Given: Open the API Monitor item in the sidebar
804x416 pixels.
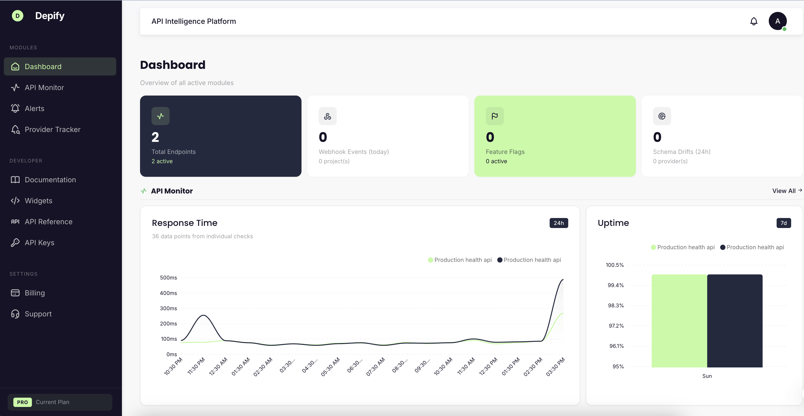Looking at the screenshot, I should (44, 87).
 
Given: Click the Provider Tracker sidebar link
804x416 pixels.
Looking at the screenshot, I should (52, 129).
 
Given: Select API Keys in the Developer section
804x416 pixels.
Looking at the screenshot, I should (39, 243).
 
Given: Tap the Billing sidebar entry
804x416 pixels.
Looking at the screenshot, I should (35, 293).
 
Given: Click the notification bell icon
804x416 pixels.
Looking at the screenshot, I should (754, 21).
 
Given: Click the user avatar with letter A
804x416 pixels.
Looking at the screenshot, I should (777, 21).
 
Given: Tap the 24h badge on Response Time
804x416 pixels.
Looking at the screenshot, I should (558, 223).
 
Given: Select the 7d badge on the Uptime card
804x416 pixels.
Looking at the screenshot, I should (784, 223).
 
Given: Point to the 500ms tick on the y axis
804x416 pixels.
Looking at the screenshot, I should (169, 278).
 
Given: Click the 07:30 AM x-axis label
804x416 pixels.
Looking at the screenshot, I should (376, 367).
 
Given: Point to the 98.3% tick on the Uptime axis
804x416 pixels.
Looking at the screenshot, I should (615, 305).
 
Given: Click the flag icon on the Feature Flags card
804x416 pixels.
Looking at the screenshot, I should (494, 116).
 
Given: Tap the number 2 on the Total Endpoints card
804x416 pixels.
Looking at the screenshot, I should (155, 137).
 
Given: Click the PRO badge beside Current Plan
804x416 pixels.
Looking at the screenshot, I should (22, 402).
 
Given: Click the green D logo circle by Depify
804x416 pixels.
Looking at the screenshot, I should (17, 16).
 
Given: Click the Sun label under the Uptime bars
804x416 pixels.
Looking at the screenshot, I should (707, 376).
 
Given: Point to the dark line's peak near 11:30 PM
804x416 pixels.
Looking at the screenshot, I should (203, 315).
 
